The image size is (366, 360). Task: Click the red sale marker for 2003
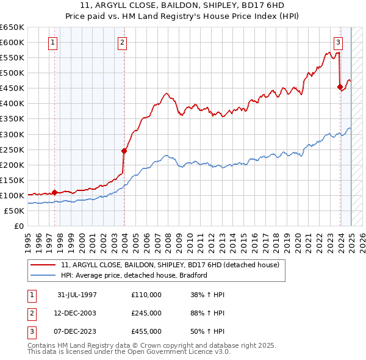(124, 151)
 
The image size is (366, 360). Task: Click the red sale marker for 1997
(54, 192)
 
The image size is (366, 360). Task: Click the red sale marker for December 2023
(340, 87)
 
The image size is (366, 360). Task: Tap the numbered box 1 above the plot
(53, 43)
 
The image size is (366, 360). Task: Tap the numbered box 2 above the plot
(123, 43)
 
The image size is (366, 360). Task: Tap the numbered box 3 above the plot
(338, 43)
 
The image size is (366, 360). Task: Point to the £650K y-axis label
(12, 27)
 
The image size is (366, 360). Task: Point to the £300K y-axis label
(12, 134)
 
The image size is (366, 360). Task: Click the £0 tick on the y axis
(18, 226)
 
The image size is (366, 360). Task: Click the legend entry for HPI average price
(134, 275)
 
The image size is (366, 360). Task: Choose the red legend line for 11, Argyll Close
(43, 265)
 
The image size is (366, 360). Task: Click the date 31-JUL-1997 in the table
(77, 295)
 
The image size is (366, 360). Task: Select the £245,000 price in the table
(146, 313)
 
